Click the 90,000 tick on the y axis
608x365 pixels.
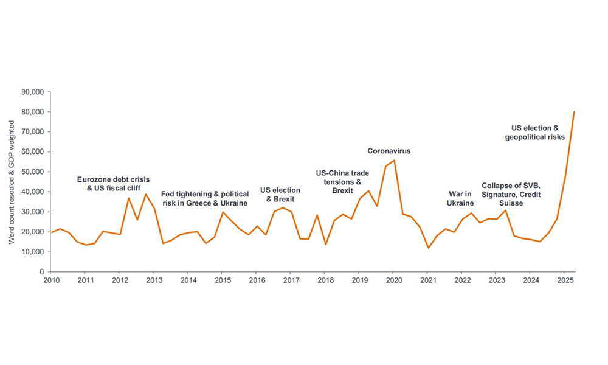[x=35, y=92]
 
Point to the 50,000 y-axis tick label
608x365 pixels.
[x=35, y=172]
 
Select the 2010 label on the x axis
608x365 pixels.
[x=50, y=281]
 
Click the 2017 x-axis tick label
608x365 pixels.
[x=290, y=281]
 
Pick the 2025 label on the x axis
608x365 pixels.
[x=564, y=281]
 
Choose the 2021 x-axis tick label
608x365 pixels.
[x=427, y=281]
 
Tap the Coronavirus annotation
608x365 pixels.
[x=389, y=151]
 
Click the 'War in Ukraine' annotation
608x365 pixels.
[x=460, y=199]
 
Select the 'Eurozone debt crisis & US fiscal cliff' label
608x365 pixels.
[x=113, y=184]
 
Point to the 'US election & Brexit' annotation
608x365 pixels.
[x=280, y=195]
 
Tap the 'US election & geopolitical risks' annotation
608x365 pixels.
[x=535, y=133]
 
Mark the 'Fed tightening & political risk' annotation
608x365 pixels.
[x=204, y=198]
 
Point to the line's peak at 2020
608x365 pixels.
[x=394, y=161]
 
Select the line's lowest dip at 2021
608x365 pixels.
[x=428, y=248]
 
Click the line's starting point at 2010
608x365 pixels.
[x=50, y=232]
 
